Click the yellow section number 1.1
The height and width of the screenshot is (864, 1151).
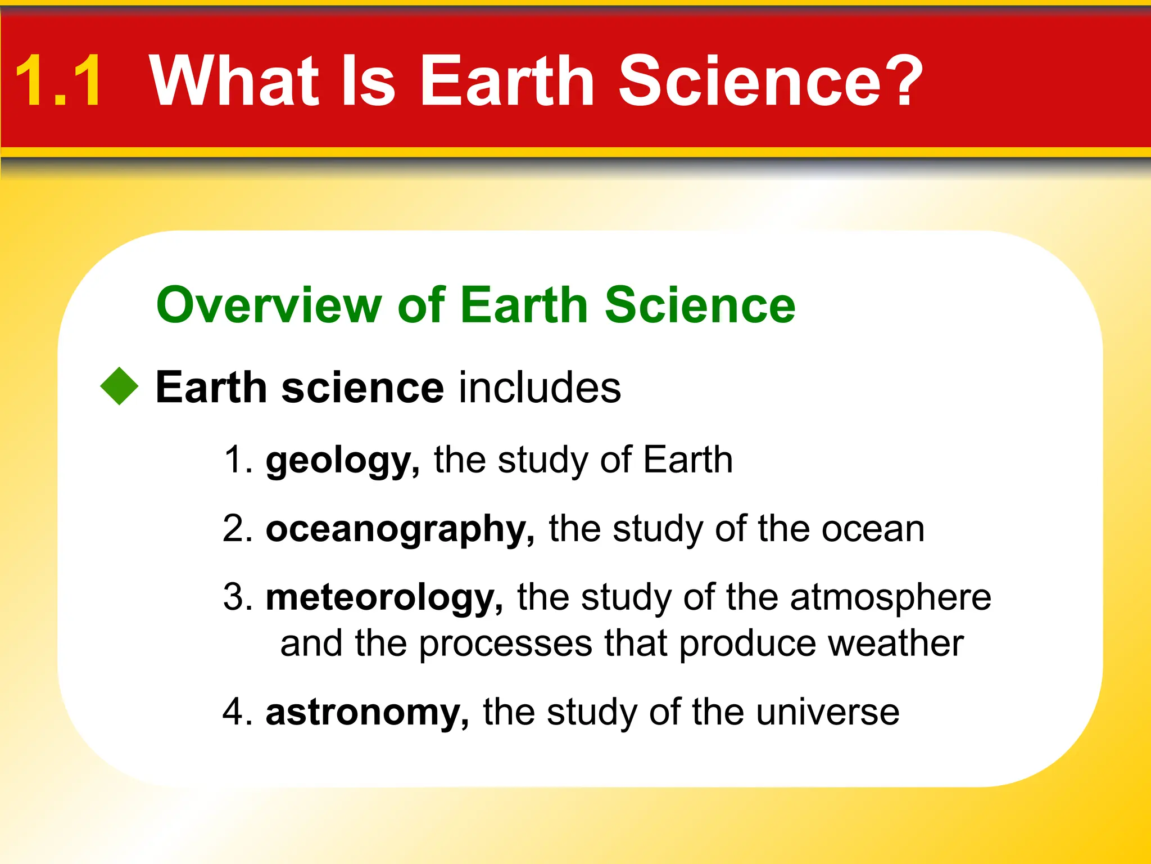tap(58, 80)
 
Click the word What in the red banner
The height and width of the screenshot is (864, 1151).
tap(234, 80)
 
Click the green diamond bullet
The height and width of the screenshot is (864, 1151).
tap(120, 386)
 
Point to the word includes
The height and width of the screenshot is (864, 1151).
tap(540, 388)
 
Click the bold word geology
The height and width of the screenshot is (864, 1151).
tap(342, 461)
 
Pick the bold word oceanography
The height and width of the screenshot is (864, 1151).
tap(400, 530)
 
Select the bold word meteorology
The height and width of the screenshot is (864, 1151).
tap(384, 597)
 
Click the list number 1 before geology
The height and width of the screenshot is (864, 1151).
tap(235, 460)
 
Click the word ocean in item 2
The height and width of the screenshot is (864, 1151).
tap(872, 530)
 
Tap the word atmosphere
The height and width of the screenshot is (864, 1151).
tap(890, 597)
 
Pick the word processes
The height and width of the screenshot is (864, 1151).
tap(505, 645)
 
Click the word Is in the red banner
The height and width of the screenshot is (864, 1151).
tap(368, 80)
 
